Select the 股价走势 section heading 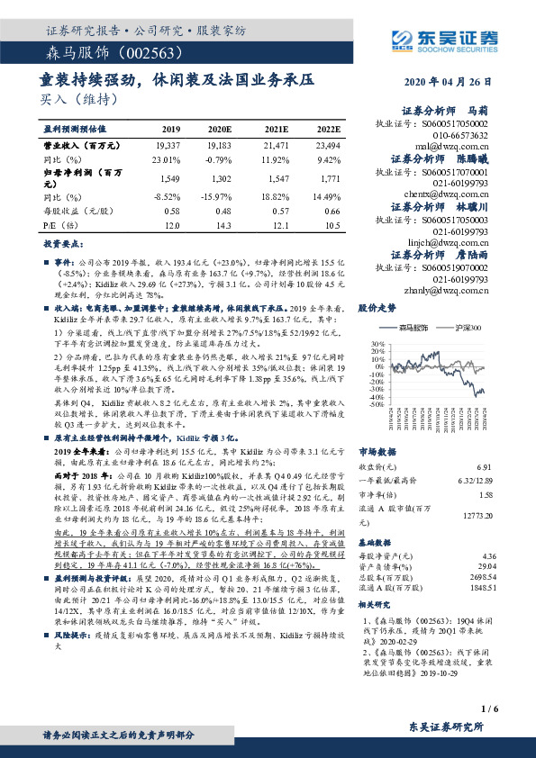(378, 308)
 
